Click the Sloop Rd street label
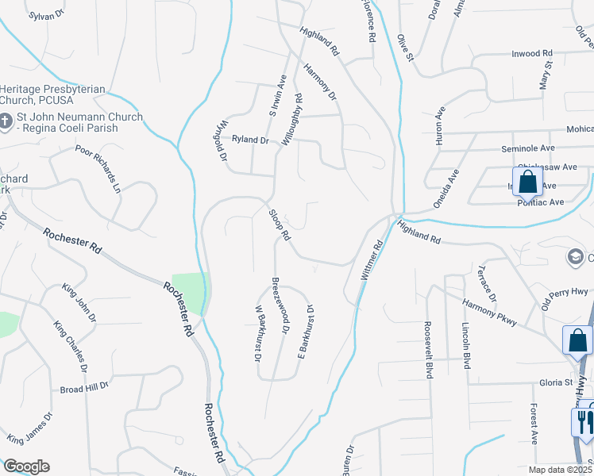(x=280, y=226)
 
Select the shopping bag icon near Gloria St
(x=577, y=340)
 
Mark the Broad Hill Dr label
(x=83, y=390)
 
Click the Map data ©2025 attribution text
(x=561, y=470)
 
